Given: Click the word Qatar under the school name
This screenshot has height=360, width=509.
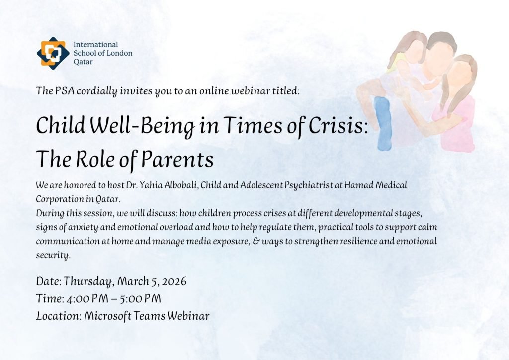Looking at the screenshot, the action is point(83,62).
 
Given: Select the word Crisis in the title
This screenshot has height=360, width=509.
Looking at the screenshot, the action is point(338,126).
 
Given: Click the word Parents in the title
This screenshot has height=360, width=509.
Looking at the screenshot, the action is point(177,160).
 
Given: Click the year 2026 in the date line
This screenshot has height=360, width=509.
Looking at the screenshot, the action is point(174,281).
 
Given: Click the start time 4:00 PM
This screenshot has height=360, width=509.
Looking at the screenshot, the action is point(87,299).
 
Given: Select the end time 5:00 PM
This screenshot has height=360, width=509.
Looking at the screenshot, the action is point(140,299).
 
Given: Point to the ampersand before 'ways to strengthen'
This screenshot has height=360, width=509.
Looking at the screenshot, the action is point(256,242).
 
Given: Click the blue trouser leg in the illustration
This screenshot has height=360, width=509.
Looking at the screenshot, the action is point(383,124).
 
